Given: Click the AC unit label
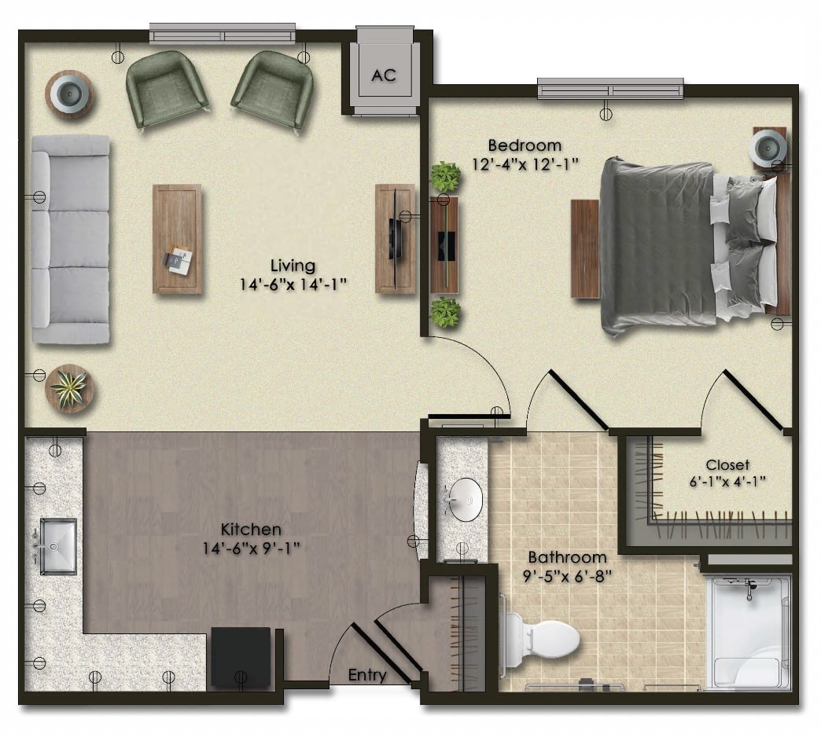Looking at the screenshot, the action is pos(384,75).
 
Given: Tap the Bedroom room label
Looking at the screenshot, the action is pos(525,145).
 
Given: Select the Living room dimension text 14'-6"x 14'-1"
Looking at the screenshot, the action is pos(293,284).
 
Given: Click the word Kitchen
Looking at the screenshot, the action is pos(251,529).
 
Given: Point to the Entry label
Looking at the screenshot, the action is pos(367,675).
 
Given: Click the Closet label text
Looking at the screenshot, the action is pos(727,464).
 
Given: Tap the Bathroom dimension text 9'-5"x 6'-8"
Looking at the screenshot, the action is pos(568,576).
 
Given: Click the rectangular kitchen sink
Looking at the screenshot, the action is pos(59,546).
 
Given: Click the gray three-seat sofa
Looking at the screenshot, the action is pos(71,239).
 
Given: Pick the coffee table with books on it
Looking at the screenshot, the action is pos(177,239).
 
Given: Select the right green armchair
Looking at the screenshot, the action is pos(272,90).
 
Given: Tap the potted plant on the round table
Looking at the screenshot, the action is pos(70,388).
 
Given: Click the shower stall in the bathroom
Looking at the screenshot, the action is pos(748,632).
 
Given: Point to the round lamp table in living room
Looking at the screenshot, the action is pos(70,94).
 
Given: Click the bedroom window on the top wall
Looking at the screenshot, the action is pos(610,88).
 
